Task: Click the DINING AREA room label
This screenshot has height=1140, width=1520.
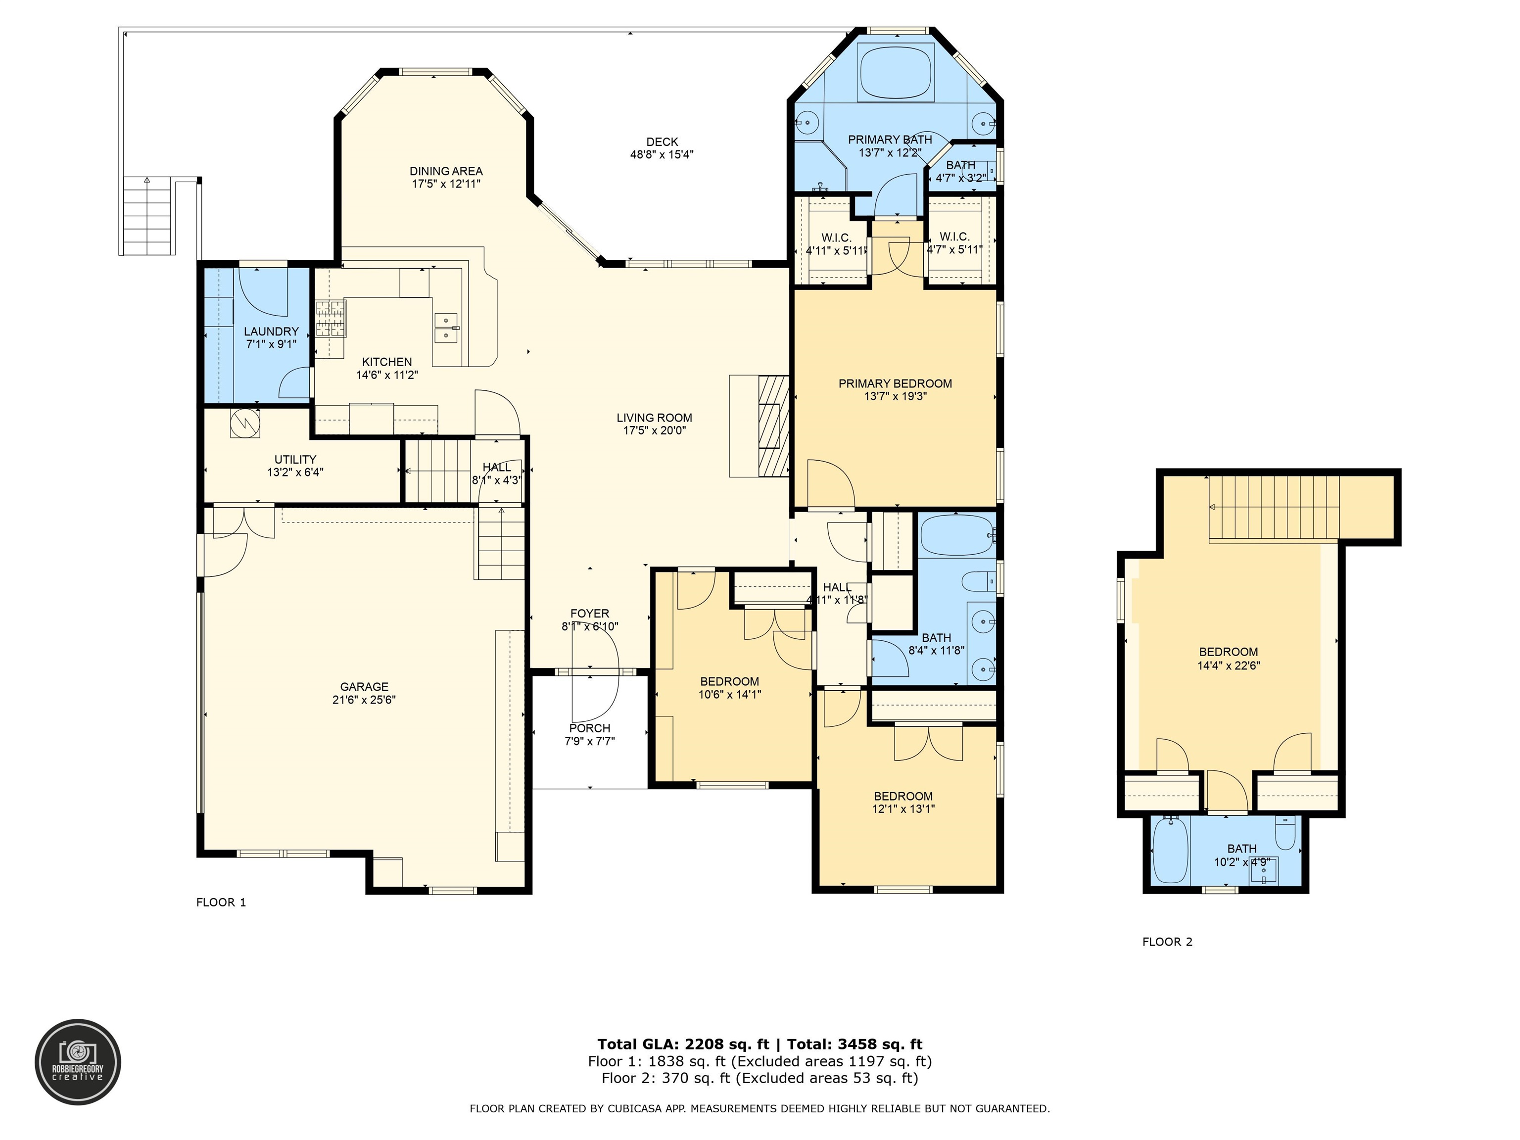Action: tap(446, 171)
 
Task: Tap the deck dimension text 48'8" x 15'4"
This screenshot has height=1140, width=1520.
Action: tap(662, 154)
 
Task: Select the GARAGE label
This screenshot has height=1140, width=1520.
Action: tap(364, 686)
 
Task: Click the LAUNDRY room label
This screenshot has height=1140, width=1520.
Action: tap(272, 331)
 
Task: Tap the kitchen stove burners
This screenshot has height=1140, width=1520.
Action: tap(331, 319)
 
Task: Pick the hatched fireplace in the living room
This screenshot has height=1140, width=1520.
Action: tap(774, 426)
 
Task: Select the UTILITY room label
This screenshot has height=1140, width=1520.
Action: tap(295, 460)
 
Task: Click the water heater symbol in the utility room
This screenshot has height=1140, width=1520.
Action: tap(244, 423)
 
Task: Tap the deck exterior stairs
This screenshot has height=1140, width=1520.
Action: tap(148, 215)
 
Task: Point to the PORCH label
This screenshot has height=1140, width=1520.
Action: tap(590, 728)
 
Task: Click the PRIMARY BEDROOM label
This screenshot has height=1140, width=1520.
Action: tap(896, 383)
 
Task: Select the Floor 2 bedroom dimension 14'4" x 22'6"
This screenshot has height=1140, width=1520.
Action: tap(1229, 665)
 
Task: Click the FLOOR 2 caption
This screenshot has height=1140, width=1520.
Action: tap(1168, 942)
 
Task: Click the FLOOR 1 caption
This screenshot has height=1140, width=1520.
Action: tap(221, 902)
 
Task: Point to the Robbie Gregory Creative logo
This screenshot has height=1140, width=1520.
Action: tap(78, 1062)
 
